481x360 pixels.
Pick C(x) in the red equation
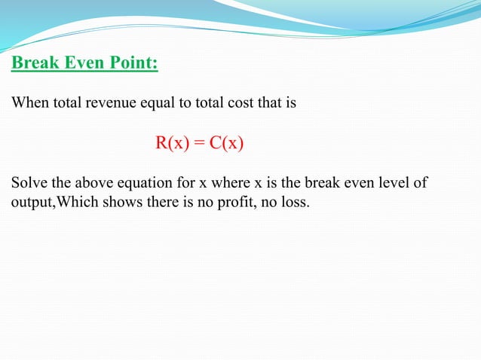coord(226,143)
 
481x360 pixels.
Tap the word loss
coord(296,202)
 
